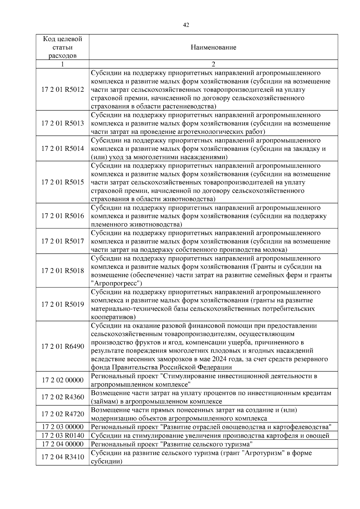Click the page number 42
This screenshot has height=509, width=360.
(x=186, y=25)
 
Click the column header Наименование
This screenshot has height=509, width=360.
(x=213, y=47)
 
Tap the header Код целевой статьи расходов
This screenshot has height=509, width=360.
(x=62, y=47)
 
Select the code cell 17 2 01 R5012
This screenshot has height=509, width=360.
(x=62, y=90)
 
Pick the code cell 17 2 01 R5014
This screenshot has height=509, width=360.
(x=62, y=149)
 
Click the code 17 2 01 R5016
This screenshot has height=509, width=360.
(x=62, y=216)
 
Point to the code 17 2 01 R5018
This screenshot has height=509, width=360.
(x=62, y=271)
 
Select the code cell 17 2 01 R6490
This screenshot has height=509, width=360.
(x=62, y=347)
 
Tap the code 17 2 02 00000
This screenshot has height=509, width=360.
(x=62, y=380)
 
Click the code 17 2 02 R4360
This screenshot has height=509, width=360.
(x=62, y=397)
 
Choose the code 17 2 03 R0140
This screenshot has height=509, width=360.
(x=62, y=436)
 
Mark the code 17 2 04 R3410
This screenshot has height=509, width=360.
(x=62, y=457)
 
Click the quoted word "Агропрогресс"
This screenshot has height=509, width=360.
(x=116, y=284)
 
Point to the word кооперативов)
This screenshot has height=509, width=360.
(x=113, y=317)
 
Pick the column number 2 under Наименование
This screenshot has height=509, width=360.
(x=213, y=64)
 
